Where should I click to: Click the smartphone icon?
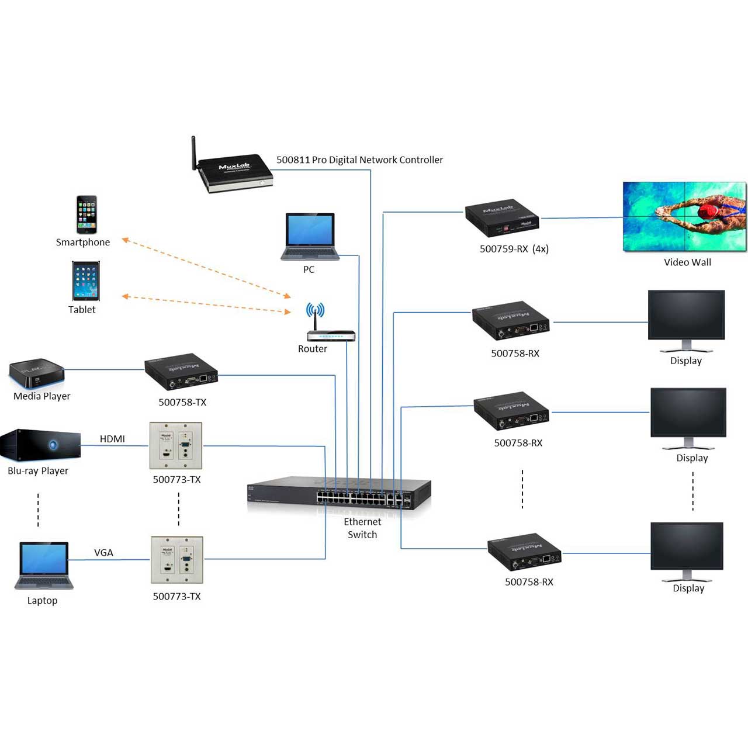[86, 214]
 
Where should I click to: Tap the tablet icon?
[86, 281]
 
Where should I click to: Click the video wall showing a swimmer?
[684, 216]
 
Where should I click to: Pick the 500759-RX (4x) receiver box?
[501, 218]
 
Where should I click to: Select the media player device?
[36, 373]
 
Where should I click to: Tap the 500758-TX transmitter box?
[181, 372]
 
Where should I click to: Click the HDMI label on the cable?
[112, 439]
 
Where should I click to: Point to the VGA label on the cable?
[103, 553]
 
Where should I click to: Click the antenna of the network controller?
[193, 153]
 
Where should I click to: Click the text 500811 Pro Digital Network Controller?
[359, 160]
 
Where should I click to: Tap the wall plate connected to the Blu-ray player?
[176, 445]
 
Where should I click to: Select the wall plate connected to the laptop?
[177, 560]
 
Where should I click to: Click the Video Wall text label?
[687, 262]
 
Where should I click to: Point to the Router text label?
[313, 349]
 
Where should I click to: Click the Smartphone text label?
[83, 243]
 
